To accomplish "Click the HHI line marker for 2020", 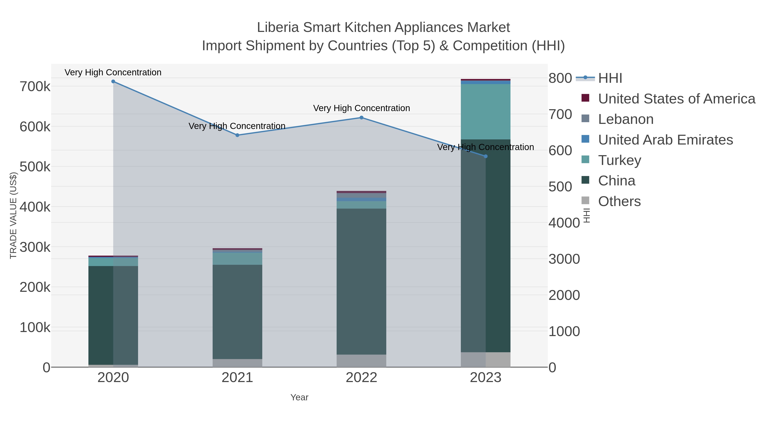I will [113, 82].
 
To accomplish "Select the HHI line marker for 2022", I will [362, 117].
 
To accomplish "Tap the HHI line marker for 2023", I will [486, 156].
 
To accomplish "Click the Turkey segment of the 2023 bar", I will [486, 112].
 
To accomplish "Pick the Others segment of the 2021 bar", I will [237, 363].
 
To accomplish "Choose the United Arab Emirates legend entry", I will [665, 140].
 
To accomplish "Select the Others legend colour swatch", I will [585, 201].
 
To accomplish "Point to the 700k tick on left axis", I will [35, 87].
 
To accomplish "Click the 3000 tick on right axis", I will [564, 259].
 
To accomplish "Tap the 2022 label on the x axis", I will [362, 378].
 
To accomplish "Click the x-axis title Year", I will [299, 397].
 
